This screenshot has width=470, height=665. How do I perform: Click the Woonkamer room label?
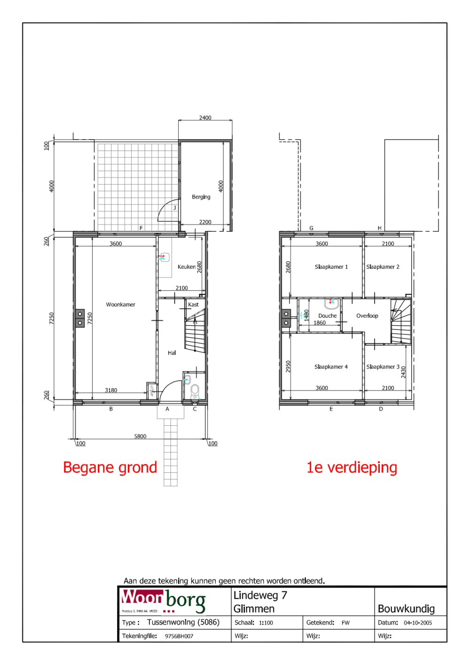(x=120, y=305)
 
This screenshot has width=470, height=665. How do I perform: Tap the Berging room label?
(x=201, y=197)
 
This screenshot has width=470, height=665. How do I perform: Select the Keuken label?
(x=186, y=267)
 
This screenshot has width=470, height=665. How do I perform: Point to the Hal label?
(x=172, y=353)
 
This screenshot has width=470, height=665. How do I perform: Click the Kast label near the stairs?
(x=193, y=305)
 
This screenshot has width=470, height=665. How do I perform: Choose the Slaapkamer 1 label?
(x=331, y=267)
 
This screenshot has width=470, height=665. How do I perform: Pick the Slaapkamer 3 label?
(x=383, y=367)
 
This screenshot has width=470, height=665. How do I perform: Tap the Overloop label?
(x=367, y=316)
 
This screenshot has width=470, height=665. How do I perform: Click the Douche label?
(x=327, y=316)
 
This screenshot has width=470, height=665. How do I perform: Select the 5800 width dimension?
(x=140, y=437)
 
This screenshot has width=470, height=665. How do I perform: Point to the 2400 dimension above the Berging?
(x=205, y=118)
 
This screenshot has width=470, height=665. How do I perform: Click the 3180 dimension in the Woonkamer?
(x=111, y=391)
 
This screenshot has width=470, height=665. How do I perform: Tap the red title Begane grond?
(x=110, y=468)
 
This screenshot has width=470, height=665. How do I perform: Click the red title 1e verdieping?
(x=352, y=468)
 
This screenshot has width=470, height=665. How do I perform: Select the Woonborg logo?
(x=164, y=601)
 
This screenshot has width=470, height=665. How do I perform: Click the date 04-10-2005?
(x=417, y=623)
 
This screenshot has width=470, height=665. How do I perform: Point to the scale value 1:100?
(x=266, y=623)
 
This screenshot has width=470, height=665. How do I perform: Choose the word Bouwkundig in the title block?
(x=406, y=609)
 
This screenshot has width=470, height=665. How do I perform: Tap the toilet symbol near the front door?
(x=195, y=390)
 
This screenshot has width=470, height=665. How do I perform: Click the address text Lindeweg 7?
(x=260, y=595)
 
